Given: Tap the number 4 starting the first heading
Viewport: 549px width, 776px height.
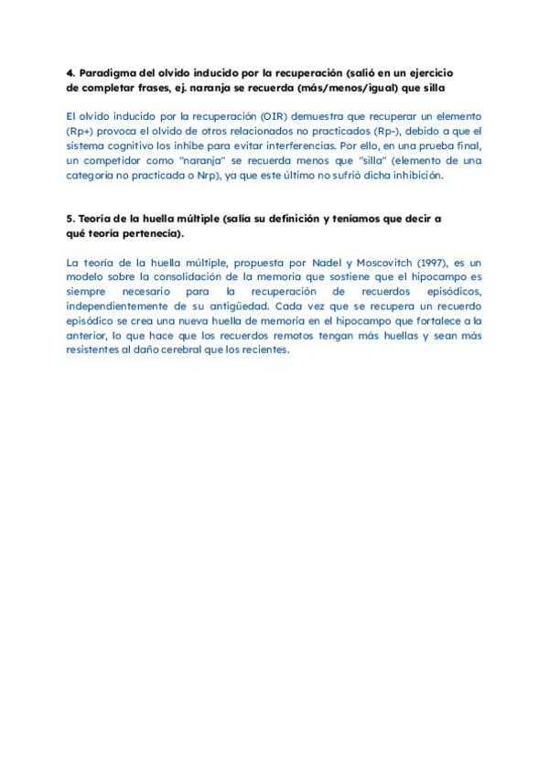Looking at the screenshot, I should pyautogui.click(x=70, y=72).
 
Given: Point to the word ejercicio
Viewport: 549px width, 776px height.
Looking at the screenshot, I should pyautogui.click(x=429, y=72).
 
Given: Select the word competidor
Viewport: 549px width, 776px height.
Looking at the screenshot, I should pyautogui.click(x=118, y=160).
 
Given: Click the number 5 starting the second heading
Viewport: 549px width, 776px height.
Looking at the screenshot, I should pyautogui.click(x=70, y=219).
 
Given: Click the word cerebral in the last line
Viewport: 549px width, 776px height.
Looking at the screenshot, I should pyautogui.click(x=180, y=350).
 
